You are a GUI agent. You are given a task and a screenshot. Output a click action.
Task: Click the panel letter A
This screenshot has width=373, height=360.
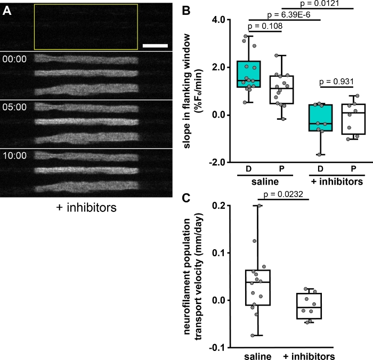pos(8,10)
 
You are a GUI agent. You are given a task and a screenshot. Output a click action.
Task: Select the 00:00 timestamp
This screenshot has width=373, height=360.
pos(13,59)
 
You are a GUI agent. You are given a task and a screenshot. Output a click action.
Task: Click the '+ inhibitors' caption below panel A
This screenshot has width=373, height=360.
pos(87,208)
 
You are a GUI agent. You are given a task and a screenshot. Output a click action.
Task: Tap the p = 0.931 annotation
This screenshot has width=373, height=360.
pos(337,83)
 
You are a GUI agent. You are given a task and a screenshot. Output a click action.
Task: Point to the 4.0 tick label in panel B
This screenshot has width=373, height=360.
pos(216,20)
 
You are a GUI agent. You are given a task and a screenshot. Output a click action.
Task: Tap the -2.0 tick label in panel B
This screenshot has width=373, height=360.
pos(215,162)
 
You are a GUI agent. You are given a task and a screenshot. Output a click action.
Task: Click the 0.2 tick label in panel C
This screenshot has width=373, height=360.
pos(217,205)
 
